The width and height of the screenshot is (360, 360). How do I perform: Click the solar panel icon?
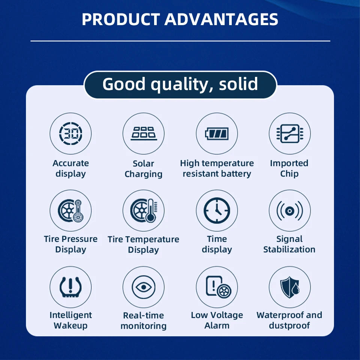[x=144, y=133]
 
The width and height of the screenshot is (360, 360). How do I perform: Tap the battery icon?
[x=217, y=133]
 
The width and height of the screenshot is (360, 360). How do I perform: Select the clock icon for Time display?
[x=217, y=210]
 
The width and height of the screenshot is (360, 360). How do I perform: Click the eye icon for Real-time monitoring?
[x=144, y=287]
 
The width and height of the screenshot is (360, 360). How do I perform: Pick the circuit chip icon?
[x=289, y=133]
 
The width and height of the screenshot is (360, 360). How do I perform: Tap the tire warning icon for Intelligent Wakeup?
[x=70, y=287]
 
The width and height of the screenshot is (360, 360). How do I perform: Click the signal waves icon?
[x=289, y=210]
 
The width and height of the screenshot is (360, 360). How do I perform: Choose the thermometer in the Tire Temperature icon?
[x=151, y=210]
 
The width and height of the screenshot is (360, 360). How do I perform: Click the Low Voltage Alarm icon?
[x=218, y=287]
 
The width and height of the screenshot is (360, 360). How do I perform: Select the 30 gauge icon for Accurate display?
[x=70, y=133]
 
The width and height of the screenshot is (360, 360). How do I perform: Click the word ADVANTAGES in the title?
[x=221, y=19]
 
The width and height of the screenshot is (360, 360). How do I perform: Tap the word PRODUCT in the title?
[x=121, y=19]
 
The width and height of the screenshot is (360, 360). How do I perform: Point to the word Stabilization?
[x=289, y=249]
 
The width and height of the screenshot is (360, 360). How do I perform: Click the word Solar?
[x=143, y=163]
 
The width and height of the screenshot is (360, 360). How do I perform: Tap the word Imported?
[x=289, y=163]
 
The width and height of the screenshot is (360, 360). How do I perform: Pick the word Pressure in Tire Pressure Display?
[x=79, y=239]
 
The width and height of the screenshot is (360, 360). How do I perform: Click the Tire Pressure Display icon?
[x=70, y=210]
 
